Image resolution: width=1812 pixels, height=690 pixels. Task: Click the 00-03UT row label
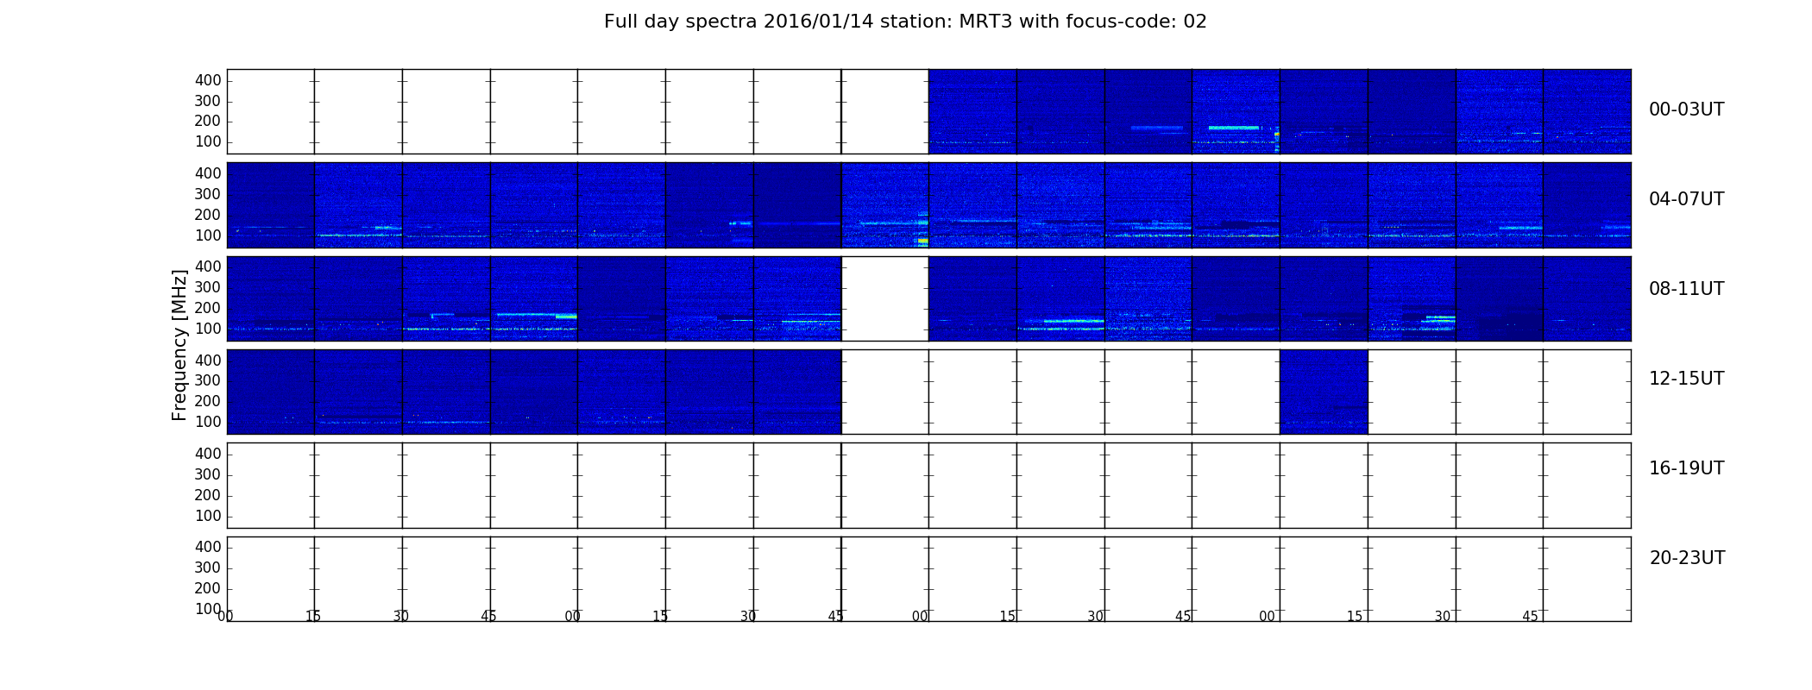(1686, 110)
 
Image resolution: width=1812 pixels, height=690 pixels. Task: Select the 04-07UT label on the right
(1686, 199)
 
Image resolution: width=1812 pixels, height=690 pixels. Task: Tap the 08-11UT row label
(1686, 289)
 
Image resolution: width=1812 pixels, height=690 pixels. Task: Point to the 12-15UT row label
(1686, 379)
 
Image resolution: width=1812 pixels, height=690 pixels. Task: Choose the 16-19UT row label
(1686, 468)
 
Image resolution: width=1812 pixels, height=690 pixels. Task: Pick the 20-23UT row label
(1687, 558)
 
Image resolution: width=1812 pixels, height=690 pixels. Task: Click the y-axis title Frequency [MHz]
(179, 345)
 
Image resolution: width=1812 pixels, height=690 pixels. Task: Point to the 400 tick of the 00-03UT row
(208, 80)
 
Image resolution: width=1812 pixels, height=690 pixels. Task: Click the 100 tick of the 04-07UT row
(208, 235)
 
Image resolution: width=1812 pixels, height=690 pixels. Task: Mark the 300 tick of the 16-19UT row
(208, 474)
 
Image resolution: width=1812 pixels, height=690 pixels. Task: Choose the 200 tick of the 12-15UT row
(208, 401)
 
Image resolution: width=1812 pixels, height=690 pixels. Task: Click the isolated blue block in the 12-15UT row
(1324, 392)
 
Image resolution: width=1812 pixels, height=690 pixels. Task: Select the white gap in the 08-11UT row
(885, 298)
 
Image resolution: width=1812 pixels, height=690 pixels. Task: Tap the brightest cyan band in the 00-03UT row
(1235, 128)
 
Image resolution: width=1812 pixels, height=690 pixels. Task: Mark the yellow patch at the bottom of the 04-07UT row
(922, 241)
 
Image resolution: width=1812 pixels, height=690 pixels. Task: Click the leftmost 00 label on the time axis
(225, 616)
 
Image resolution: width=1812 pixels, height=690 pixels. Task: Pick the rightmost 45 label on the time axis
(1530, 616)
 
